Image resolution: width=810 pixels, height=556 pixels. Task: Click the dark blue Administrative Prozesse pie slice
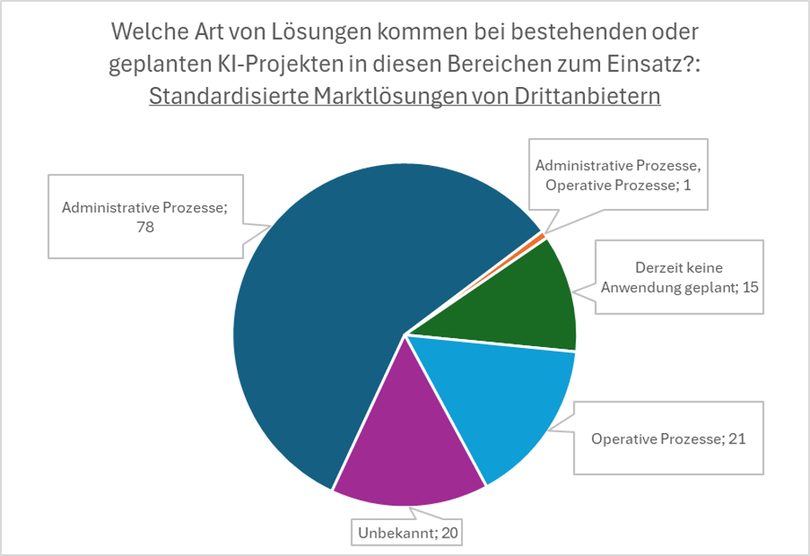tap(319, 319)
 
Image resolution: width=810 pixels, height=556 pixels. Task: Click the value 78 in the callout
tap(144, 227)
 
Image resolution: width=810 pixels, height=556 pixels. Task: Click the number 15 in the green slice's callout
tap(749, 287)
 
